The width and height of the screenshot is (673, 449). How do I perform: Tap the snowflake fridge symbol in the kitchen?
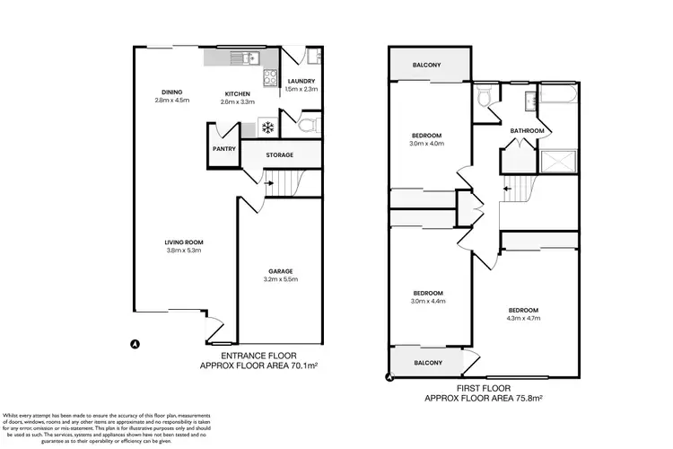[267, 127]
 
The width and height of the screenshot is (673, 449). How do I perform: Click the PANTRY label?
[223, 150]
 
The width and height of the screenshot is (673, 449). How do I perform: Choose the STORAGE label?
[280, 155]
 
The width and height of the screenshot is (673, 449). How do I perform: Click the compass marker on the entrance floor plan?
[135, 343]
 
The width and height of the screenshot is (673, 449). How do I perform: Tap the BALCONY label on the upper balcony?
[427, 65]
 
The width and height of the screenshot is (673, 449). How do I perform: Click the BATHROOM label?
[527, 131]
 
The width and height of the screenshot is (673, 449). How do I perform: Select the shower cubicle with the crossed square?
[557, 163]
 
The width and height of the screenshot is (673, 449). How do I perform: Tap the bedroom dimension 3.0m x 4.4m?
[427, 302]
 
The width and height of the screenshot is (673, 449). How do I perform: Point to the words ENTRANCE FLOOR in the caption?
[258, 357]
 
